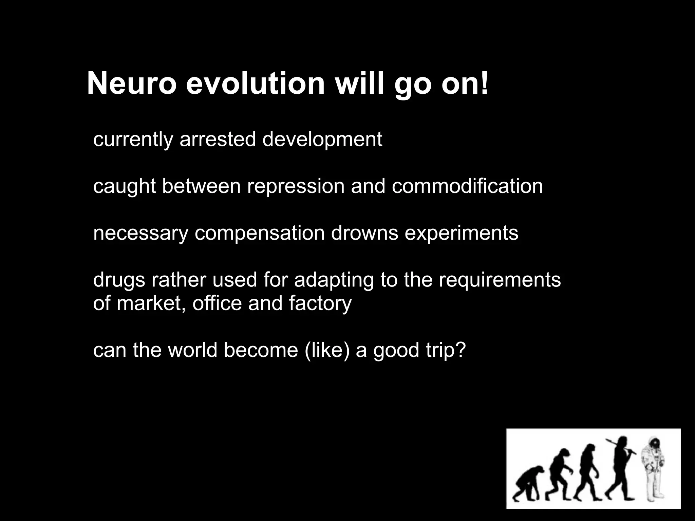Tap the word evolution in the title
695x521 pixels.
[x=255, y=84]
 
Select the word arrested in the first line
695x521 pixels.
[x=217, y=139]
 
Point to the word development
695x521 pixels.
[x=322, y=140]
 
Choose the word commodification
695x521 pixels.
[x=467, y=186]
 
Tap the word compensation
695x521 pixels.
[x=259, y=234]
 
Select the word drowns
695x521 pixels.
[x=364, y=233]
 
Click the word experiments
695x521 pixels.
[x=461, y=234]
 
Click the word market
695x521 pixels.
[x=151, y=303]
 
